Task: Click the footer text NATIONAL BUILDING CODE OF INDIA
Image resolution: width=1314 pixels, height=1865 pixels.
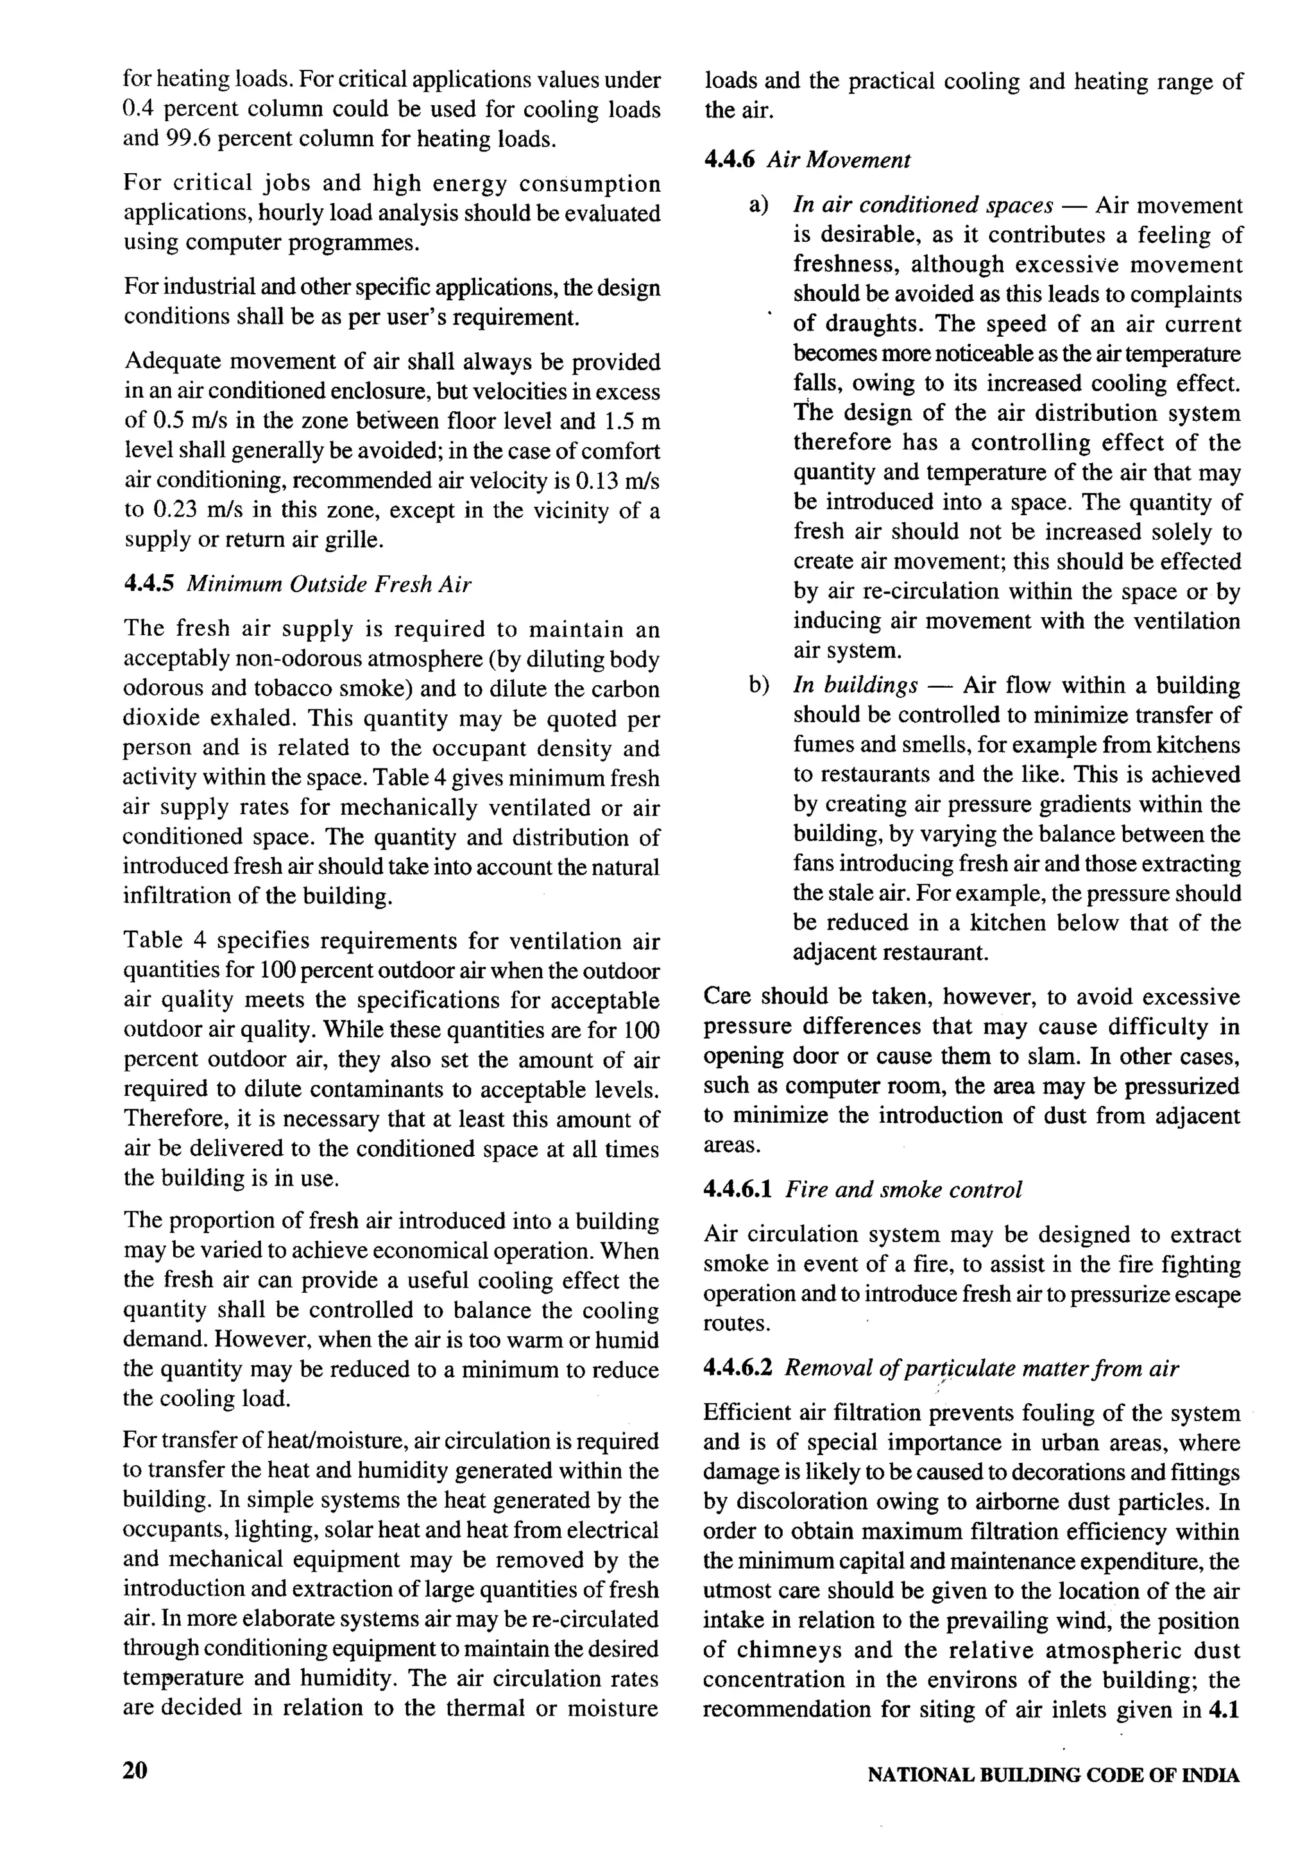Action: (1054, 1775)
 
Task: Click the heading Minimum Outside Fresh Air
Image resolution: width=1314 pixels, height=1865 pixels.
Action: (329, 585)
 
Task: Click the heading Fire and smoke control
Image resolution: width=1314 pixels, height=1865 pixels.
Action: (903, 1190)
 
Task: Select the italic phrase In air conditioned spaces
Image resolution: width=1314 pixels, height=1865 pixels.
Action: (923, 205)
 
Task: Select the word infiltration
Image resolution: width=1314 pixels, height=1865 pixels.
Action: (177, 896)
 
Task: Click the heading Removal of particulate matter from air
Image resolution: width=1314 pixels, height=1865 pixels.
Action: (981, 1368)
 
